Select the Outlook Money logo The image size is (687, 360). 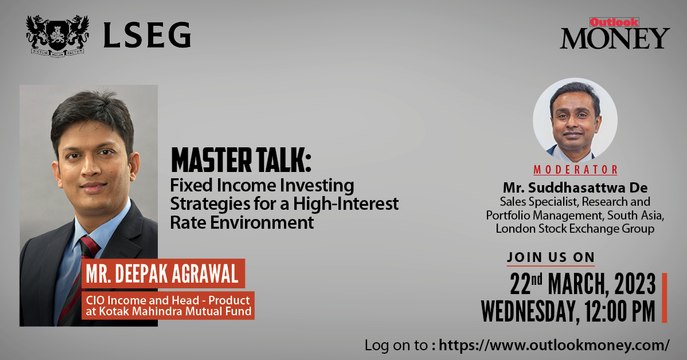613,33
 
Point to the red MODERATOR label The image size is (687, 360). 575,169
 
